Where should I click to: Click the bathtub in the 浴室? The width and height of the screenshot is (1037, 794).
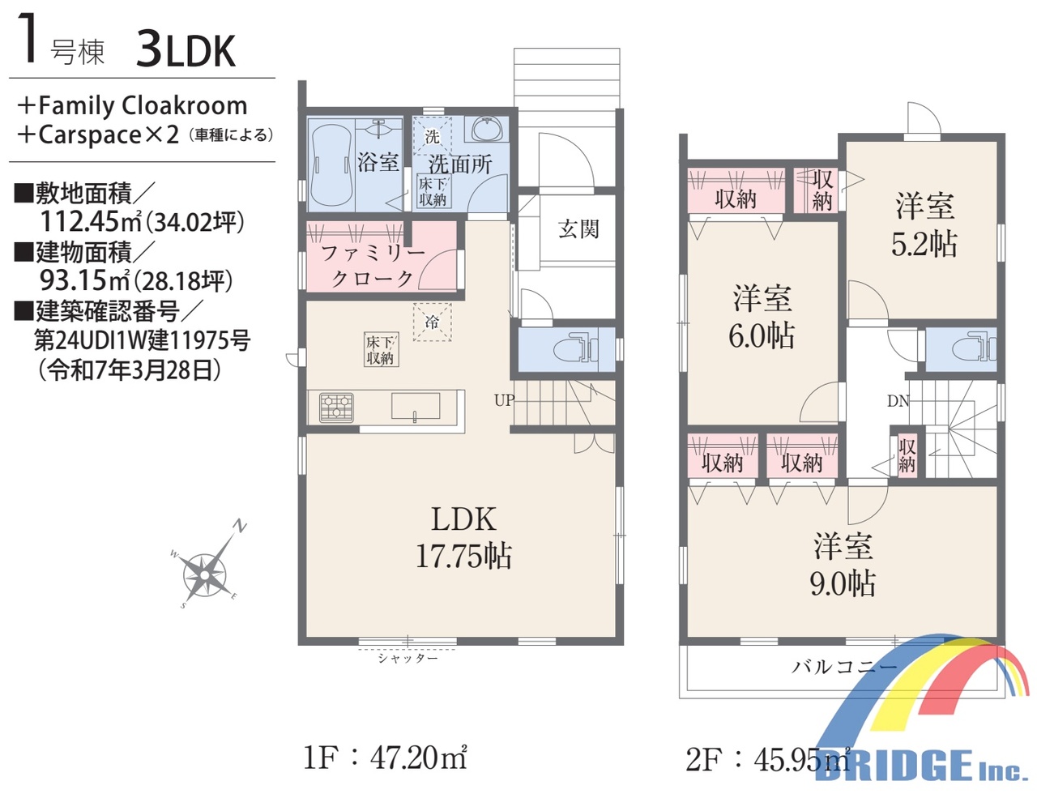point(331,164)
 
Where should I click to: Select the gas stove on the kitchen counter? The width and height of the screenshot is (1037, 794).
point(337,407)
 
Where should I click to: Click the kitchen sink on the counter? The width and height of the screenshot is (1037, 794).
point(416,407)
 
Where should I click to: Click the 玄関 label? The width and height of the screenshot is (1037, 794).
point(578,229)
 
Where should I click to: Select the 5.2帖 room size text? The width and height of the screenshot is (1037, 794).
point(924,244)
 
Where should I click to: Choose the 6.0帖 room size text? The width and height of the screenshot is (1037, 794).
point(762,335)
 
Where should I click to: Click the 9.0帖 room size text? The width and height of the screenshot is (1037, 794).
point(843,583)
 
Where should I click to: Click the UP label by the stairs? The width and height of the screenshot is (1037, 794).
point(504,400)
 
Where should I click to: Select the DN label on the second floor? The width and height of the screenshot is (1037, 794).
point(898,401)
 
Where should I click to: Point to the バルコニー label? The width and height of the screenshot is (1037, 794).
point(843,667)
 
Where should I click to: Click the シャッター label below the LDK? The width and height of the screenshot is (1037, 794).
point(408,659)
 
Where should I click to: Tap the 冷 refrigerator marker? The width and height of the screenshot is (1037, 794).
point(432,322)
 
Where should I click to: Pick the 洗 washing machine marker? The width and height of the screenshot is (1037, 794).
point(432,136)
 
